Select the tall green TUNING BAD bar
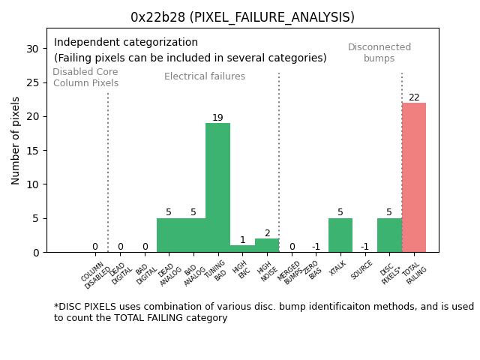217,187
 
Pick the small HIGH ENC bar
242,248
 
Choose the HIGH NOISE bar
267,245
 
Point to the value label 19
217,118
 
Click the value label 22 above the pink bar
414,97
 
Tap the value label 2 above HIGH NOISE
267,233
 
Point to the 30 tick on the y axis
33,48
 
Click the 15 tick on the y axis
33,150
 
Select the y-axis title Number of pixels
16,140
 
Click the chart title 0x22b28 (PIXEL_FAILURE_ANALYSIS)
242,17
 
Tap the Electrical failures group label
205,76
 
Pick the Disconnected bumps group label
379,52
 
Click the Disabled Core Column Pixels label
85,77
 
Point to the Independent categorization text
126,43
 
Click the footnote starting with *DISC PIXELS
263,312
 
